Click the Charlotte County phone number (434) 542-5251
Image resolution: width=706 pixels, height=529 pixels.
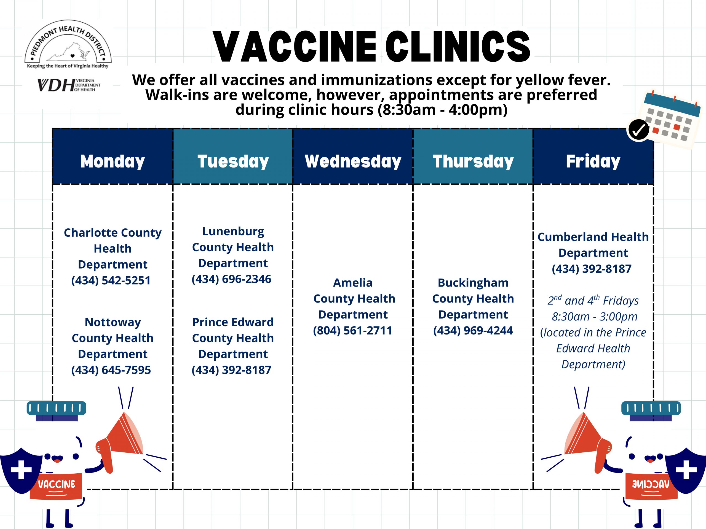(111, 280)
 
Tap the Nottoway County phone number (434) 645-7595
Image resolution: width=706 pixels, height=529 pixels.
(111, 370)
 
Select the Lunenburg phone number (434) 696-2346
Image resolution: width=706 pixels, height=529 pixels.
(231, 279)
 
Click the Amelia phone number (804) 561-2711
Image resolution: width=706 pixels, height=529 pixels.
(353, 331)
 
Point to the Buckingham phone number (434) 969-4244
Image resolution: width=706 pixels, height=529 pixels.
(473, 331)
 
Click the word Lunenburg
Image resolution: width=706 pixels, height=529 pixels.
(233, 231)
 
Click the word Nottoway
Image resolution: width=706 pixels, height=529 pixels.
(113, 322)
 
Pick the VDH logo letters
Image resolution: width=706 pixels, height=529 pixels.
(56, 85)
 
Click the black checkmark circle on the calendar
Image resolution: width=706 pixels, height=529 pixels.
(638, 130)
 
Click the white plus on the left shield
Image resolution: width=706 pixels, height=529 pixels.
(21, 470)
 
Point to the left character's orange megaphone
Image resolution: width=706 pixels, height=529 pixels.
(120, 442)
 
